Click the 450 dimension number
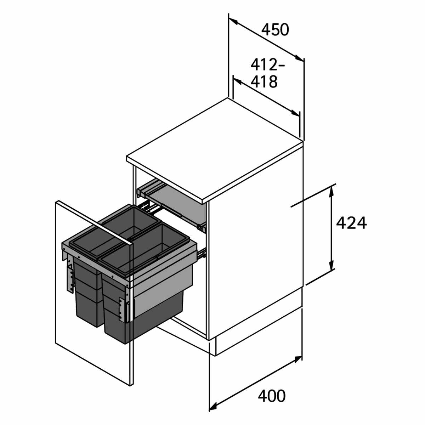coord(275,30)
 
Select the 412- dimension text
coord(267,65)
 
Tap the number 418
coord(264,82)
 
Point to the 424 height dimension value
coord(352,223)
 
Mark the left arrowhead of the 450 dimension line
coord(233,21)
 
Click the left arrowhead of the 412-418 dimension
coord(237,81)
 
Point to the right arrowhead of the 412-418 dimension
coord(295,113)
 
